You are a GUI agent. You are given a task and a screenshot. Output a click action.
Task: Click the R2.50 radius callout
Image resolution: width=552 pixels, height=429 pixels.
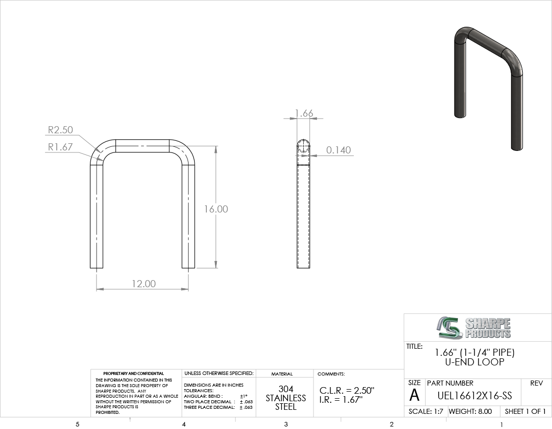pyautogui.click(x=61, y=130)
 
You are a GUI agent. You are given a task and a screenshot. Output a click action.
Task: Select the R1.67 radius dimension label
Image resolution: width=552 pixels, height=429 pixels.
pyautogui.click(x=60, y=147)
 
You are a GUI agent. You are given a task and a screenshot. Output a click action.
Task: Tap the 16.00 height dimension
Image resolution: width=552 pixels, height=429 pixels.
pyautogui.click(x=216, y=209)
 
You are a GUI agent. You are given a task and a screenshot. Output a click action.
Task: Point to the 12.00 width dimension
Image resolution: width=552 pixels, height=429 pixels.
pyautogui.click(x=144, y=284)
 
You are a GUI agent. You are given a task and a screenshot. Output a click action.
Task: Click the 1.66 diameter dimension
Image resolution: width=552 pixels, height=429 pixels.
pyautogui.click(x=304, y=113)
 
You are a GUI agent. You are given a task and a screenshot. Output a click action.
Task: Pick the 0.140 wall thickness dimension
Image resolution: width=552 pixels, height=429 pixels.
pyautogui.click(x=338, y=150)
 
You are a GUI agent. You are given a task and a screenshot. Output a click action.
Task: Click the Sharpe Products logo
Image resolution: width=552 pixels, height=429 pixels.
pyautogui.click(x=474, y=328)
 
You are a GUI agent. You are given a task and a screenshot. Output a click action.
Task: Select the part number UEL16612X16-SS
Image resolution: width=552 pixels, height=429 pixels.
pyautogui.click(x=475, y=396)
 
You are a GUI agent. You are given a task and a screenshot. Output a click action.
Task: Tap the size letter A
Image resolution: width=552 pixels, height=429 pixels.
pyautogui.click(x=415, y=395)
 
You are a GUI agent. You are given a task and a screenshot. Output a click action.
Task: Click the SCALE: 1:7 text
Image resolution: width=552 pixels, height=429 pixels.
pyautogui.click(x=426, y=411)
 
